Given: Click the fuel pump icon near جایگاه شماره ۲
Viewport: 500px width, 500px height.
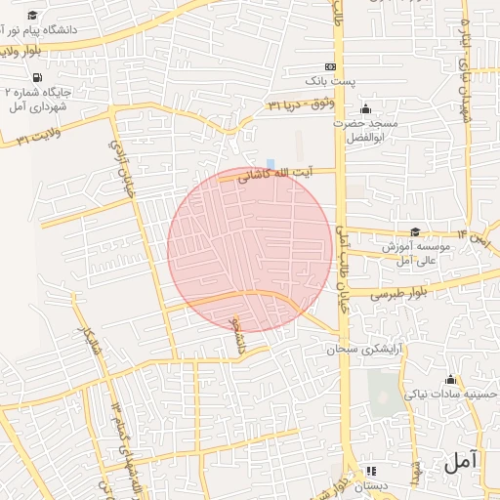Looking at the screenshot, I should [37, 77].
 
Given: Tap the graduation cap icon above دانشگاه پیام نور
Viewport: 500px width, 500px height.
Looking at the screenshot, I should [32, 16].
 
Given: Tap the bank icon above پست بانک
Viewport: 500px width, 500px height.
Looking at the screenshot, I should [315, 65].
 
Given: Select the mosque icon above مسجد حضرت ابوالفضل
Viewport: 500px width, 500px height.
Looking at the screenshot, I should [365, 108].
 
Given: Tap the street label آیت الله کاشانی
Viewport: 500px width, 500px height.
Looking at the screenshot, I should [286, 174].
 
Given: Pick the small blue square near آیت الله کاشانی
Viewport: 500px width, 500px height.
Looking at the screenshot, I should [271, 163].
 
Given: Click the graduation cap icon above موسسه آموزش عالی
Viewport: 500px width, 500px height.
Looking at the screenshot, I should [415, 232].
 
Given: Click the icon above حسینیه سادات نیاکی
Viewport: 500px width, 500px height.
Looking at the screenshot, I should [450, 380].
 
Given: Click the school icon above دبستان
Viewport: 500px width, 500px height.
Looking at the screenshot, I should [370, 471].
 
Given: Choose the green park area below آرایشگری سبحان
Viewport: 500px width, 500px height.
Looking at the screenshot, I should [387, 396].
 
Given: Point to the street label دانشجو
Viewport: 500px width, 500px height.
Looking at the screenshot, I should [234, 333].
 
